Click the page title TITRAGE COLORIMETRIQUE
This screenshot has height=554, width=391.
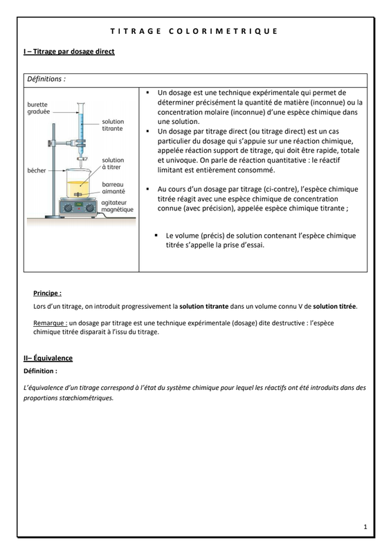[194, 31]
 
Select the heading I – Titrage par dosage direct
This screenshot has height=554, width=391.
[69, 51]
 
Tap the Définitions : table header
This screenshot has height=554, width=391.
[46, 79]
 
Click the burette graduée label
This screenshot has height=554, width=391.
[39, 108]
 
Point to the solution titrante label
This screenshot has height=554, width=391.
[113, 125]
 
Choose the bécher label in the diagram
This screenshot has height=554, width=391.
[37, 170]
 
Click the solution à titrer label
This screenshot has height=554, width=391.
[113, 163]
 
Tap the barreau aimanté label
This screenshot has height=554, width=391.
[113, 188]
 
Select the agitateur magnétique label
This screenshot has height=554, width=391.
[117, 206]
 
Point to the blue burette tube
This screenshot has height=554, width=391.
[81, 124]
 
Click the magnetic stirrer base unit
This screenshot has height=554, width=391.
[78, 207]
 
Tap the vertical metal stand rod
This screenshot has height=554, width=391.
[54, 170]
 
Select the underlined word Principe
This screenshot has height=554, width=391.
[47, 293]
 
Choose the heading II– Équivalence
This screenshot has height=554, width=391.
[48, 358]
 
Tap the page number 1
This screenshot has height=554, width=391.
[365, 527]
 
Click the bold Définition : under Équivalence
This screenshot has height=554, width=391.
[40, 371]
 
